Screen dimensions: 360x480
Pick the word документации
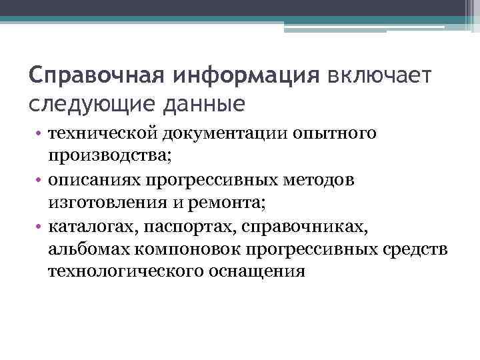pyautogui.click(x=225, y=133)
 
